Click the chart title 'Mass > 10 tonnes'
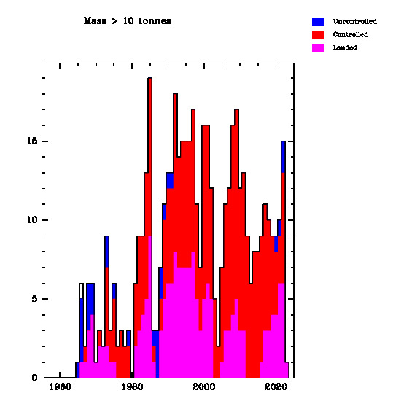[x=127, y=21]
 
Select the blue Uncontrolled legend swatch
[x=318, y=21]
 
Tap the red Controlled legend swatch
[x=318, y=34]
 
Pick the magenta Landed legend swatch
[x=318, y=47]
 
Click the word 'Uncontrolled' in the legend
[x=355, y=21]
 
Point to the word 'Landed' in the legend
[x=345, y=47]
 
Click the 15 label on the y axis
[x=32, y=141]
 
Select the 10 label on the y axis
[x=32, y=220]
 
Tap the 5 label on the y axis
[x=34, y=299]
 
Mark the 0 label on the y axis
[x=34, y=378]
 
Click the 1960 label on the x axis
[x=61, y=386]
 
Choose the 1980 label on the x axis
[x=132, y=386]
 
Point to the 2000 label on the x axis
[x=204, y=386]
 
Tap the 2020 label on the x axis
[x=276, y=386]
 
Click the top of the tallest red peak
[x=150, y=78]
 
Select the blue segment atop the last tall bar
[x=283, y=157]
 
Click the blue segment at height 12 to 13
[x=170, y=181]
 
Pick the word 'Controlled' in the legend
[x=350, y=34]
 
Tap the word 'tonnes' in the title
[x=155, y=21]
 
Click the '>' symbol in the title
[x=114, y=21]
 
